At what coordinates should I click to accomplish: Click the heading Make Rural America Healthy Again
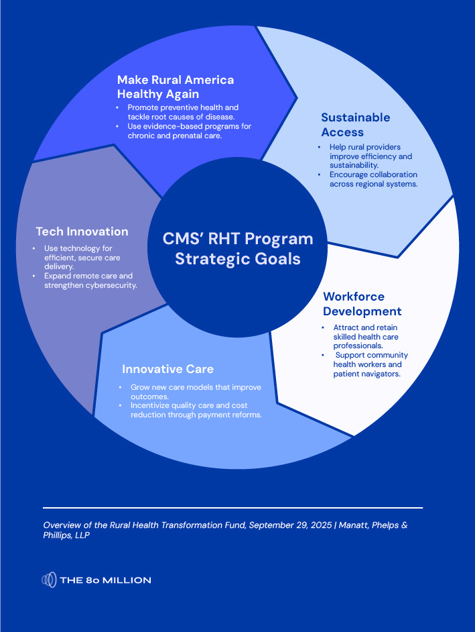(x=176, y=87)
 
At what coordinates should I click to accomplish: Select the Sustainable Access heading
(x=355, y=125)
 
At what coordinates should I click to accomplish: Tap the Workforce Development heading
(x=362, y=304)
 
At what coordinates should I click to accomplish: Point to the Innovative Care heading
(x=167, y=369)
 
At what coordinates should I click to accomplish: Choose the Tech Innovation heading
(x=82, y=231)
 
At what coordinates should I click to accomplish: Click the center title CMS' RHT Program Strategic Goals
(x=238, y=249)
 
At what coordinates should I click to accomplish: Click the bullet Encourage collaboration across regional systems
(x=373, y=179)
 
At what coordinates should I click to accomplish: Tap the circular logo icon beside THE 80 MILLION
(x=50, y=580)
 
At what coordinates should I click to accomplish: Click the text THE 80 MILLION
(x=105, y=580)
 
